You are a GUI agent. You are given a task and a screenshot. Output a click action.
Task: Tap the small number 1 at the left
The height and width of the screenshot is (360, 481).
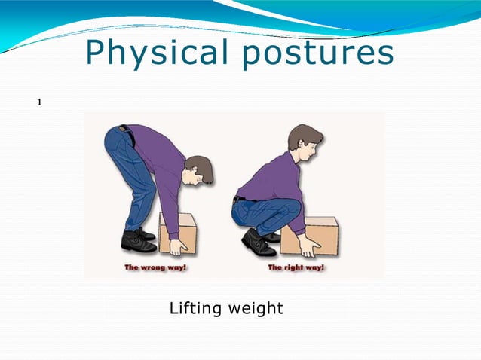click(40, 101)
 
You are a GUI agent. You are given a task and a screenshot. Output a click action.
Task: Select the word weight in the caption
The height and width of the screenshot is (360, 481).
click(257, 308)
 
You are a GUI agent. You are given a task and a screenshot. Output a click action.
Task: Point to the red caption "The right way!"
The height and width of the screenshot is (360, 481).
click(296, 267)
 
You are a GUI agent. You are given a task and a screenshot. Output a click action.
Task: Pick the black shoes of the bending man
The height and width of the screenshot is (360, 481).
click(139, 240)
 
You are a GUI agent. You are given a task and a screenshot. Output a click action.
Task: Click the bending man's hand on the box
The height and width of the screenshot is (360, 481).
click(179, 247)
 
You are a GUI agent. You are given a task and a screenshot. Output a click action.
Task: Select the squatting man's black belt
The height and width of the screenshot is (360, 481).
click(239, 198)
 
